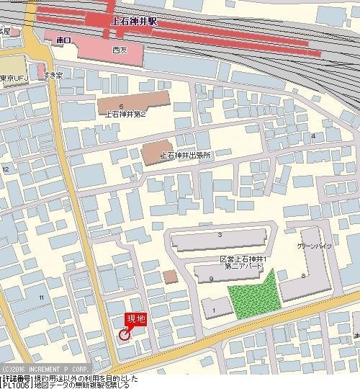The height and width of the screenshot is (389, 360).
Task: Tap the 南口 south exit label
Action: tap(63, 42)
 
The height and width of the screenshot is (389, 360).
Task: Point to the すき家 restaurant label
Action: tap(54, 75)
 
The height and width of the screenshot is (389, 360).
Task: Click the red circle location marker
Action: tap(124, 334)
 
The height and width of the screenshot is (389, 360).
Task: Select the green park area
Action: tap(253, 296)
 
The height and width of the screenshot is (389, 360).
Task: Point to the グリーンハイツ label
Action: tap(313, 246)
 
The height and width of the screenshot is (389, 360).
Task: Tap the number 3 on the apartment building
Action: tap(219, 236)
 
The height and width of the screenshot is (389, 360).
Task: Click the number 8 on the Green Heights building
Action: tap(303, 275)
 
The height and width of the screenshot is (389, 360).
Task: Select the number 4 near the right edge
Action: tap(313, 135)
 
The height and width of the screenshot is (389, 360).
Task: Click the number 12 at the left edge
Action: tap(6, 169)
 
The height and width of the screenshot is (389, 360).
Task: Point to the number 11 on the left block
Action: tap(42, 298)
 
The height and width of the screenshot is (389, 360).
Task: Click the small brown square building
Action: tap(169, 277)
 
